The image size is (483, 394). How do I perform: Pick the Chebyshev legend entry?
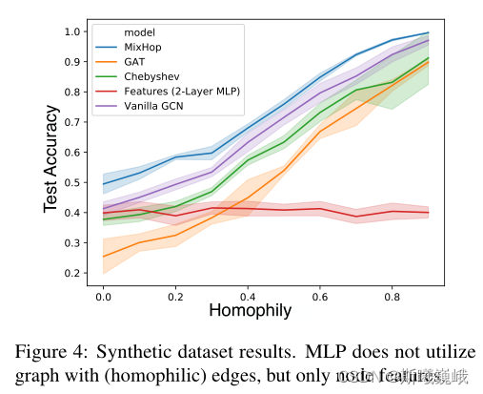coord(151,75)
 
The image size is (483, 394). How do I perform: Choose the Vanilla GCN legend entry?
coord(156,106)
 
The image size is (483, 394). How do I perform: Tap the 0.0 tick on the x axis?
coord(103,297)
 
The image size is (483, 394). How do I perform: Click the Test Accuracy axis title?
coord(50,156)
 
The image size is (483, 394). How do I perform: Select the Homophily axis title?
coord(250,311)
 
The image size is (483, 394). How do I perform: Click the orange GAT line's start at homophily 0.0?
coord(103,256)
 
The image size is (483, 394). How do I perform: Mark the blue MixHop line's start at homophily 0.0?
coord(103,183)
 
